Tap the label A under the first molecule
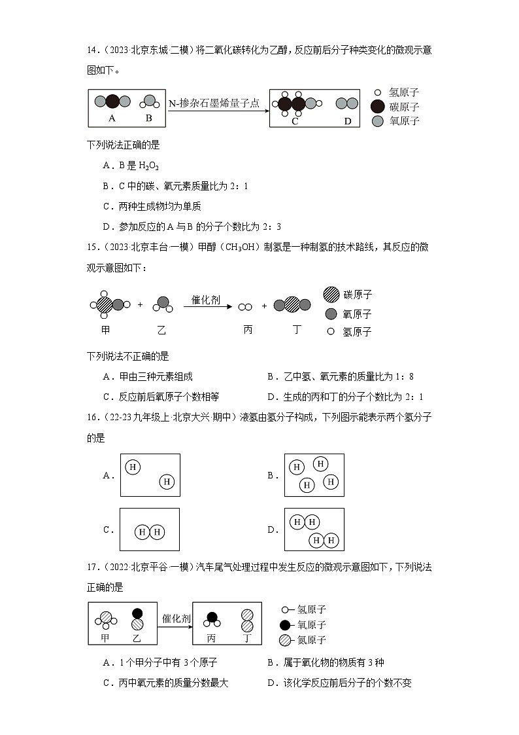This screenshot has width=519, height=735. [112, 118]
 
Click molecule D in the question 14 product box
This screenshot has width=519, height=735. [347, 103]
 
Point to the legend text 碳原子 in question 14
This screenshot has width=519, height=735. [404, 107]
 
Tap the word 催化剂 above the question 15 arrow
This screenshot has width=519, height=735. [205, 300]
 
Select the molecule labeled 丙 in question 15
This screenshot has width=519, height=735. [245, 306]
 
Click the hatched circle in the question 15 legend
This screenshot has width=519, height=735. [331, 295]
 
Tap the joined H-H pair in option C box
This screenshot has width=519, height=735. [149, 532]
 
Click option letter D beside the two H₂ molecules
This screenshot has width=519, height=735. [273, 530]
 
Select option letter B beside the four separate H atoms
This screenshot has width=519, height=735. [273, 476]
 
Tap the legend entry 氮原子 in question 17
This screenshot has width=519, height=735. [311, 640]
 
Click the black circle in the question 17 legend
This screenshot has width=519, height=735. [285, 625]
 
